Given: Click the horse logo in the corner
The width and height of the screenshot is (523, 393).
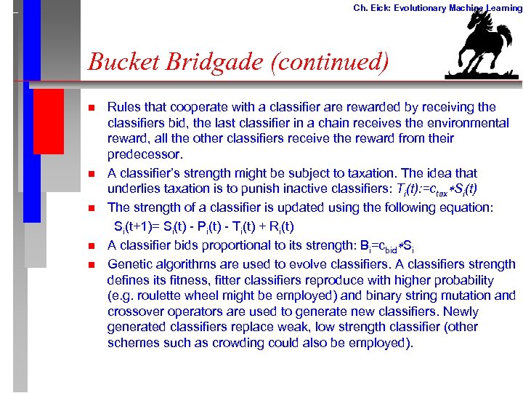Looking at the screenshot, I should pos(484,45).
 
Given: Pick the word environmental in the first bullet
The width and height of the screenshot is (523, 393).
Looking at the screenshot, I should pos(469,123).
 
